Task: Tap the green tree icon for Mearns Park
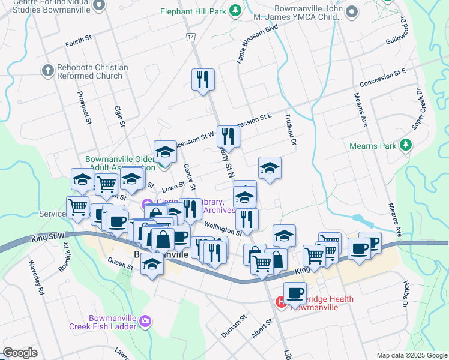coord(406,145)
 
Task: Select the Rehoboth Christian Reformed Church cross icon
coord(48,71)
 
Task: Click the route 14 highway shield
coord(190,37)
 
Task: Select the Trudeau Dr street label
coord(291,127)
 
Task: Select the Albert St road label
coord(262,328)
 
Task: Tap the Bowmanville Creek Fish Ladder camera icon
coord(145,322)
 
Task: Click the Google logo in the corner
coord(20,353)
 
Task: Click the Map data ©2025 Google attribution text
coord(411,355)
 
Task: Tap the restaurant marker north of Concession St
coord(203,80)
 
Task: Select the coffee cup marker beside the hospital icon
coord(294,293)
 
